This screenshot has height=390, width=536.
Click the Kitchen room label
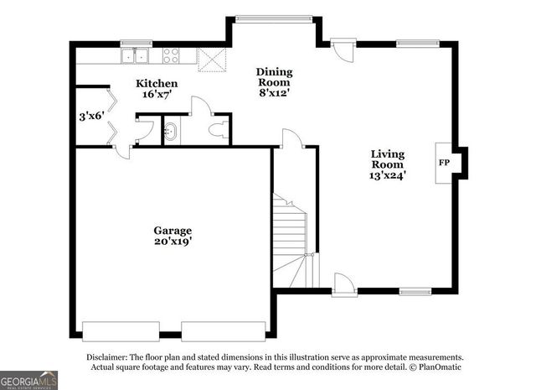pyautogui.click(x=157, y=84)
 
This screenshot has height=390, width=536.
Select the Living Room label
pyautogui.click(x=388, y=159)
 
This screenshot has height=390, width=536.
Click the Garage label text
pyautogui.click(x=172, y=231)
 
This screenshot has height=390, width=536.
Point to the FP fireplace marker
pyautogui.click(x=443, y=164)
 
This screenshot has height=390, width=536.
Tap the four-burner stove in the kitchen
pyautogui.click(x=171, y=56)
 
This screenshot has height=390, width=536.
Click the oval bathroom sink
pyautogui.click(x=170, y=131)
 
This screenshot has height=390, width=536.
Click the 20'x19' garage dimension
pyautogui.click(x=172, y=243)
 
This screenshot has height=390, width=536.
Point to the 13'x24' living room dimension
pyautogui.click(x=388, y=176)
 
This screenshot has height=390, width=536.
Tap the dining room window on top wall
pyautogui.click(x=261, y=18)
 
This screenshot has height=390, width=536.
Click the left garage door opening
pyautogui.click(x=119, y=328)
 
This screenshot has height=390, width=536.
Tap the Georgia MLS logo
pyautogui.click(x=28, y=380)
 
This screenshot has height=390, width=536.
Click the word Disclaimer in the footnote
pyautogui.click(x=107, y=356)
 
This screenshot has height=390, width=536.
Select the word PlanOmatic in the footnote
pyautogui.click(x=438, y=367)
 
